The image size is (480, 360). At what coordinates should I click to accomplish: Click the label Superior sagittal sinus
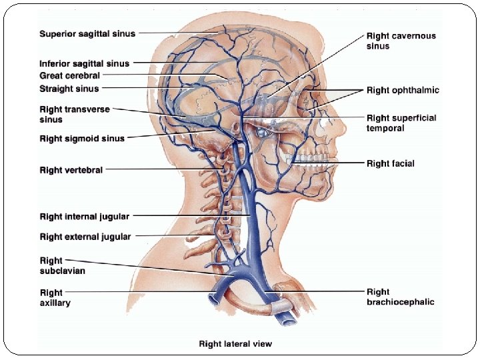click(x=87, y=34)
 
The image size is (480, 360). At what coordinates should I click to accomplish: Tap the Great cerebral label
click(x=70, y=76)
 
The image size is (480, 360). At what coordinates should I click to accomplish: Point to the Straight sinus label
click(x=69, y=89)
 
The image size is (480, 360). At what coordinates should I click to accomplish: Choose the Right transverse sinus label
click(x=75, y=114)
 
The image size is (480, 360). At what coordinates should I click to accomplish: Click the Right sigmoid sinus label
click(x=82, y=139)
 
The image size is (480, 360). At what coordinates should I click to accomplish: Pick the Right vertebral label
click(x=71, y=170)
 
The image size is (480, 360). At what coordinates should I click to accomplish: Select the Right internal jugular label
click(x=85, y=217)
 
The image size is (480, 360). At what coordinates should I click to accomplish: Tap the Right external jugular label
click(x=85, y=237)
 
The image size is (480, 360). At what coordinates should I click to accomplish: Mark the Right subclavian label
click(x=63, y=266)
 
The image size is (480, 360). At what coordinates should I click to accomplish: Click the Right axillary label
click(x=55, y=297)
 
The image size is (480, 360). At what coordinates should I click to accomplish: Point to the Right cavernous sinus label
click(x=401, y=41)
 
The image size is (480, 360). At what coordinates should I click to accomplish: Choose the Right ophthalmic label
click(x=403, y=90)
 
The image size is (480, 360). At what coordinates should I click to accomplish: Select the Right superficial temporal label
click(x=401, y=123)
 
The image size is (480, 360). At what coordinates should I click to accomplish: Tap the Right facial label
click(x=391, y=163)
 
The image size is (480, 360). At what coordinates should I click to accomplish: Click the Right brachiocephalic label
click(x=400, y=297)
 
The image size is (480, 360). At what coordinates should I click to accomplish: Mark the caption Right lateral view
click(x=235, y=344)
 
